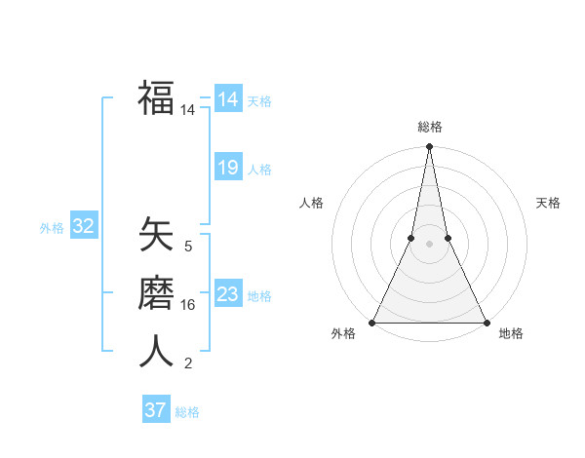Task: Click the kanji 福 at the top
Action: tap(156, 97)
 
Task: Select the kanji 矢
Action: tap(156, 235)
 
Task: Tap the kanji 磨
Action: tap(156, 293)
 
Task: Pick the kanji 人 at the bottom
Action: tap(156, 350)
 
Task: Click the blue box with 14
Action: tap(227, 99)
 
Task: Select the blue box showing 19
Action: tap(227, 168)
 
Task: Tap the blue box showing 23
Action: tap(227, 294)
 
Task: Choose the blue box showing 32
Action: tap(83, 227)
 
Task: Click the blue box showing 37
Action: tap(155, 410)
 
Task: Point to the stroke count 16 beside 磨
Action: tap(188, 305)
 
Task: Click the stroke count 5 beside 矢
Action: tap(188, 247)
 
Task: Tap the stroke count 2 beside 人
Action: tap(188, 363)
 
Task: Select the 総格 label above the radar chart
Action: tap(429, 128)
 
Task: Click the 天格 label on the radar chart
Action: tap(548, 203)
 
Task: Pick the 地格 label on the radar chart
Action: tap(511, 334)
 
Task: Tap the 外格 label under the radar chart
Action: tap(343, 334)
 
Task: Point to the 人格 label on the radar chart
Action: tap(311, 203)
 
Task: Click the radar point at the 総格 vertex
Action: tap(429, 147)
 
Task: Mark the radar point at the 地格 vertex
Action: tap(486, 322)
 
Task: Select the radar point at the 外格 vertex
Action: tap(372, 322)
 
